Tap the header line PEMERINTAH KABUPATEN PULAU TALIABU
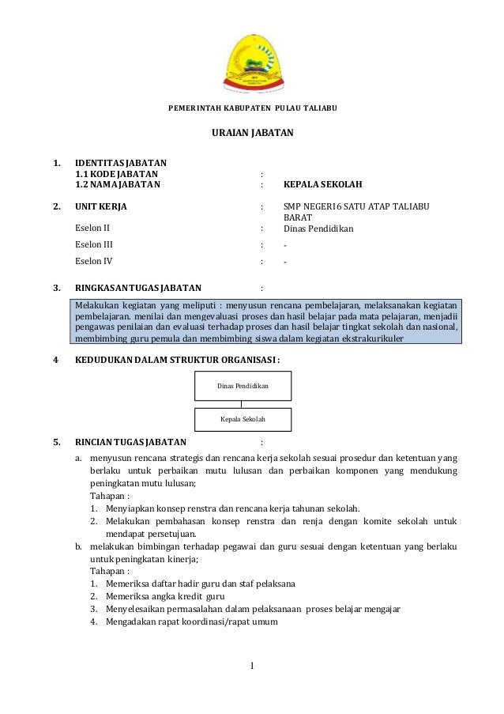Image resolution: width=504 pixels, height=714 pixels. coord(252,107)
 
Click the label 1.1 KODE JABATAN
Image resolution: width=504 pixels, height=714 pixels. coord(116,173)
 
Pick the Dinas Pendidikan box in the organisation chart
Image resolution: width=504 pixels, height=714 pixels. coord(243,386)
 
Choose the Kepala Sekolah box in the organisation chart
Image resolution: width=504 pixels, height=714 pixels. coord(243,419)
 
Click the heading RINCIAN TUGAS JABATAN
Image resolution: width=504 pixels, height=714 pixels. coord(130,441)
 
